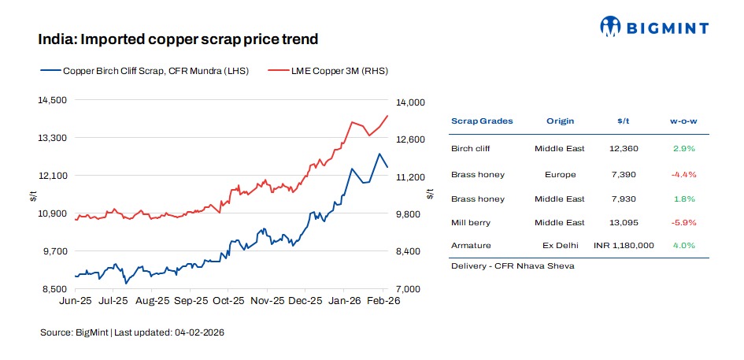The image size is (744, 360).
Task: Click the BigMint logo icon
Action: (x=611, y=26)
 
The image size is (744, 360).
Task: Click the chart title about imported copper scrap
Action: (x=178, y=39)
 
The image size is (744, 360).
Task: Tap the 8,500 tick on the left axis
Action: (x=55, y=289)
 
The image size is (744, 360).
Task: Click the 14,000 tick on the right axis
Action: (x=410, y=102)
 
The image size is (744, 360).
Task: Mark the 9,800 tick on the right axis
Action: (x=410, y=214)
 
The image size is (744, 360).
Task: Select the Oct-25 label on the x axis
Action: (x=229, y=301)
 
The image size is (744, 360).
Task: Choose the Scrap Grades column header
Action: (x=482, y=121)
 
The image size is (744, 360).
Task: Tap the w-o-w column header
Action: (x=684, y=121)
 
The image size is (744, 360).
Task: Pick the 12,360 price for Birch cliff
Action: (x=624, y=148)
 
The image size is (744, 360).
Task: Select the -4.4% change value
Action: (x=684, y=174)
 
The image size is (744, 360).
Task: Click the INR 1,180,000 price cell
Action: (x=624, y=245)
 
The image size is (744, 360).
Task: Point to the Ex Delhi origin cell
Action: (x=560, y=245)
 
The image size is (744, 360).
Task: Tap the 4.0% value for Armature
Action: (x=684, y=245)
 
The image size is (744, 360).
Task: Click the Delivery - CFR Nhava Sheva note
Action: (x=513, y=265)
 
